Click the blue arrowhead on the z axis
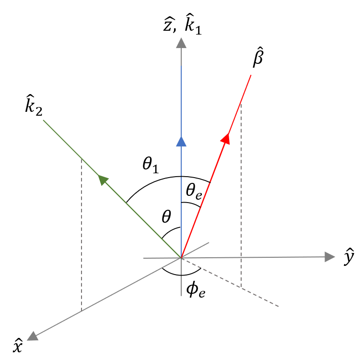click(x=181, y=141)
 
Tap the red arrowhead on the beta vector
click(x=225, y=138)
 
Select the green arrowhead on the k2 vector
click(x=103, y=180)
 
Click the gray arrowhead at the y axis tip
click(x=329, y=257)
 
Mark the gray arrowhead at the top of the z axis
click(x=181, y=43)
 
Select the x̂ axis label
click(x=17, y=346)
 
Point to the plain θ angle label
click(x=166, y=217)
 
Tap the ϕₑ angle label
click(x=196, y=290)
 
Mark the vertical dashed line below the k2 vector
click(x=82, y=235)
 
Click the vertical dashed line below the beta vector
click(x=241, y=197)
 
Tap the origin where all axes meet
click(x=181, y=258)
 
